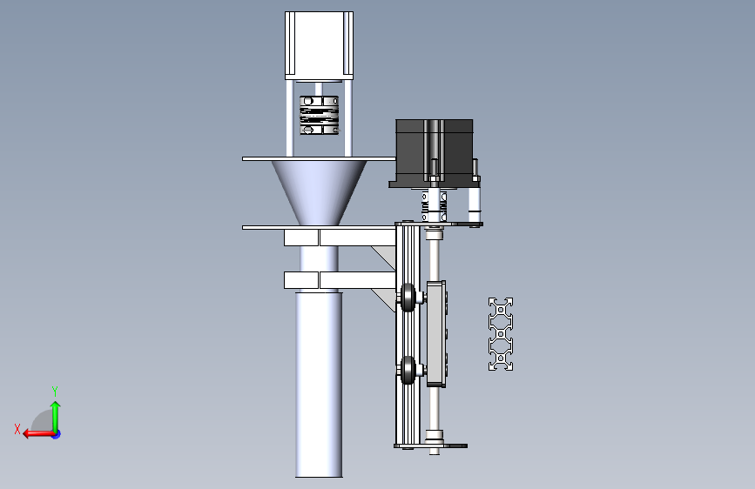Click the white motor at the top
point(319,44)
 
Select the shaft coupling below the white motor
point(319,116)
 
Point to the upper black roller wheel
point(408,298)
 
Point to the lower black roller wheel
point(408,372)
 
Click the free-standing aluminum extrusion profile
point(501,334)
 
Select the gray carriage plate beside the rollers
point(437,333)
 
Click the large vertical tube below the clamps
point(319,383)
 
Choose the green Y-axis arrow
point(55,413)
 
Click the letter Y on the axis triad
point(55,391)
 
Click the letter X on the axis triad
point(17,428)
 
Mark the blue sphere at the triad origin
point(56,433)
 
